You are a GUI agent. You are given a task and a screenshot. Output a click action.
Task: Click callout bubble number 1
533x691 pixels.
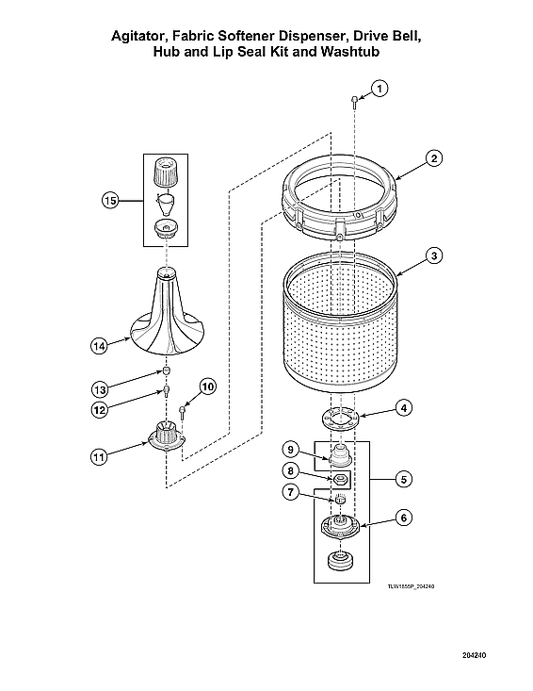(x=379, y=88)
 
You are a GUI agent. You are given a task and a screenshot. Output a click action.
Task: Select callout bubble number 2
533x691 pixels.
(x=432, y=158)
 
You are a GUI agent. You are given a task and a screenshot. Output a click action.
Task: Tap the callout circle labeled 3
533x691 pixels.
(x=432, y=255)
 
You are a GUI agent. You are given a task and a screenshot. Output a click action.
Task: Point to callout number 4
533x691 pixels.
(x=402, y=408)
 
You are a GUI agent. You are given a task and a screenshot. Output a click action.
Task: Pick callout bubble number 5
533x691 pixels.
(x=402, y=479)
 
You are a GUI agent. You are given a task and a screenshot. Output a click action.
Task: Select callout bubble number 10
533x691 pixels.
(x=207, y=386)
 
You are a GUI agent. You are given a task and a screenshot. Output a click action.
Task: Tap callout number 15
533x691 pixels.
(x=111, y=200)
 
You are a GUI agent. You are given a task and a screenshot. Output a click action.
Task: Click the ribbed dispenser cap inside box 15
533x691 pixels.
(x=165, y=173)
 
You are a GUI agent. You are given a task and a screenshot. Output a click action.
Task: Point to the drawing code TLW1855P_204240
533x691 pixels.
(x=411, y=586)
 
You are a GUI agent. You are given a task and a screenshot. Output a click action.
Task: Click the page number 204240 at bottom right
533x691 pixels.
(x=475, y=654)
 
